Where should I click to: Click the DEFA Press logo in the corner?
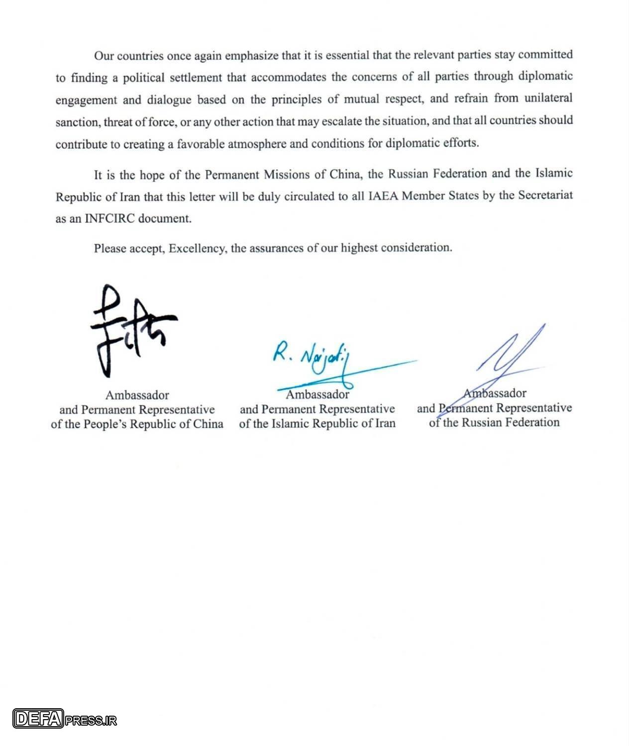pos(65,719)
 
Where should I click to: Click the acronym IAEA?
pos(383,195)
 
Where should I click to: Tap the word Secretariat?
pos(545,195)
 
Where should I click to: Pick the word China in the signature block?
pos(209,424)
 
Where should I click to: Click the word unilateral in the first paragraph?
pos(547,98)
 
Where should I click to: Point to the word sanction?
pos(77,122)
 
